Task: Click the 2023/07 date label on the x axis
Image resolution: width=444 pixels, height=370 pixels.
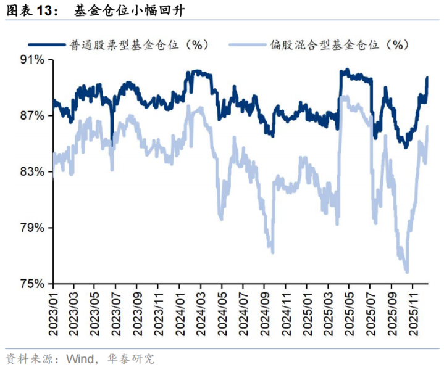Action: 115,311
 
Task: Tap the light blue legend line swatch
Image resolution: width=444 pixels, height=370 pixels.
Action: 247,44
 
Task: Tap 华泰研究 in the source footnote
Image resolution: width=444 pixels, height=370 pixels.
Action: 133,358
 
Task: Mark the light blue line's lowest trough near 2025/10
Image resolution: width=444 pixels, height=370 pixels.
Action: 406,271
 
